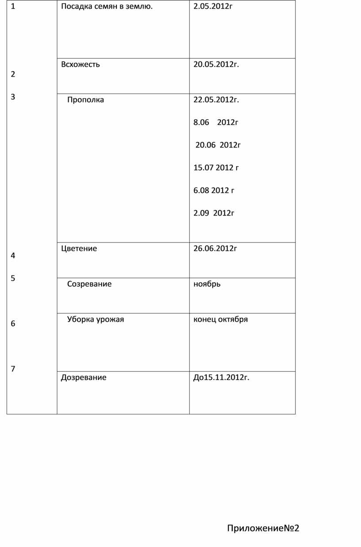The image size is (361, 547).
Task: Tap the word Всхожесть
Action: click(81, 65)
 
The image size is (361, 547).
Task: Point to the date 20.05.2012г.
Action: click(216, 65)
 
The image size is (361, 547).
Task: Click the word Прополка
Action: click(85, 100)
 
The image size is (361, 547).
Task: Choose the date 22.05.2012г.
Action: click(216, 100)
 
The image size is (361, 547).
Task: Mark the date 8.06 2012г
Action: click(216, 122)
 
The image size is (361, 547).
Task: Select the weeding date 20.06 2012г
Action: click(218, 145)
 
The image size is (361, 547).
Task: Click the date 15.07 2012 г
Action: click(216, 167)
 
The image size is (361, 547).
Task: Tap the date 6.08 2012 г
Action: click(214, 190)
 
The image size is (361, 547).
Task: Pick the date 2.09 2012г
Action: click(214, 213)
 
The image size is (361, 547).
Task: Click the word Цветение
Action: click(79, 248)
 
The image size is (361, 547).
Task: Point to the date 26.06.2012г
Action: click(215, 248)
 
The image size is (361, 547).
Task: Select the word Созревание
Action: click(89, 284)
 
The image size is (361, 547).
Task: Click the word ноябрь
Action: click(207, 284)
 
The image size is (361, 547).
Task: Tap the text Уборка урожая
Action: click(96, 319)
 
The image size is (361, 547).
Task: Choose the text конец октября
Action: click(220, 319)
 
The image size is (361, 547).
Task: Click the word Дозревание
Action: click(84, 377)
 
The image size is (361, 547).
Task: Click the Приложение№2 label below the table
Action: click(263, 528)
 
